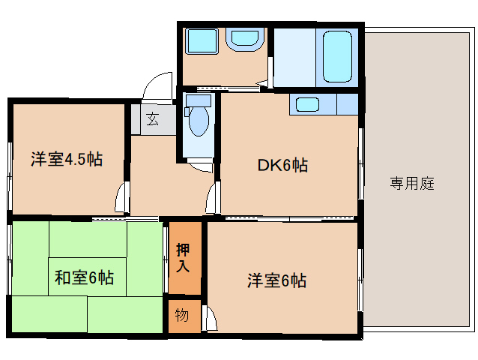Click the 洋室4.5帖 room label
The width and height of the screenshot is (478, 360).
pos(67,159)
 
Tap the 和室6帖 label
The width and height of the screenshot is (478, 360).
pos(84,277)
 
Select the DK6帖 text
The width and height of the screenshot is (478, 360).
pos(283,165)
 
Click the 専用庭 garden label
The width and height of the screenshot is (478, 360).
pos(412,183)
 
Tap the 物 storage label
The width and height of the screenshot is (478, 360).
pos(182,314)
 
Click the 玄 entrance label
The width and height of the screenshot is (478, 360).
pos(152,118)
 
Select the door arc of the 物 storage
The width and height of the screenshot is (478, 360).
pos(210,319)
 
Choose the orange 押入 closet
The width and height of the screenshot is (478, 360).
pos(184,259)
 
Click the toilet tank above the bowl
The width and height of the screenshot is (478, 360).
pos(198,100)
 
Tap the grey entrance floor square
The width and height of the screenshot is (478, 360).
pos(152,118)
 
